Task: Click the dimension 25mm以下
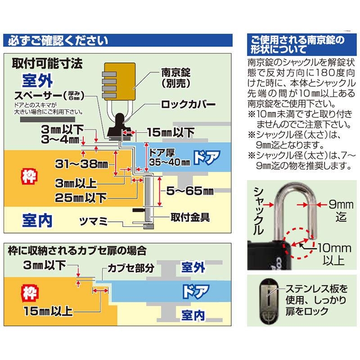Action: [x=81, y=198]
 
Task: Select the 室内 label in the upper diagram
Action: [x=37, y=220]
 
